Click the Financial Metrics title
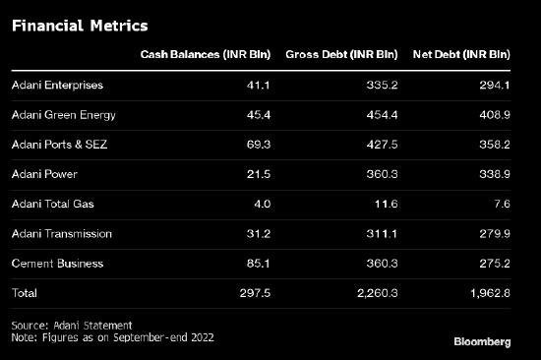pyautogui.click(x=80, y=26)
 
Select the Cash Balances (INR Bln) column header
pyautogui.click(x=206, y=54)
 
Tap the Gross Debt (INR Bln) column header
pyautogui.click(x=341, y=54)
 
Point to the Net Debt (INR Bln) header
pyautogui.click(x=461, y=54)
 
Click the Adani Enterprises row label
pyautogui.click(x=57, y=86)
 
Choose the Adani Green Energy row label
pyautogui.click(x=64, y=115)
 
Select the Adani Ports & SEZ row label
pyautogui.click(x=59, y=145)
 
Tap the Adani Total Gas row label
pyautogui.click(x=53, y=204)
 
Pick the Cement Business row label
pyautogui.click(x=57, y=264)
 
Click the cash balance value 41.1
pyautogui.click(x=258, y=85)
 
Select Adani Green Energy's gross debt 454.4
pyautogui.click(x=382, y=115)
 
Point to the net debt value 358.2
pyautogui.click(x=495, y=145)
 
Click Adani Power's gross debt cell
pyautogui.click(x=382, y=174)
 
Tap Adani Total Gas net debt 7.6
pyautogui.click(x=502, y=204)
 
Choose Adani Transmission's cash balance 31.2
pyautogui.click(x=259, y=234)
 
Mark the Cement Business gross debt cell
pyautogui.click(x=382, y=264)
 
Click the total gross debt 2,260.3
pyautogui.click(x=378, y=293)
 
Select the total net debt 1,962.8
pyautogui.click(x=490, y=293)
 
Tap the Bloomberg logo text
pyautogui.click(x=482, y=341)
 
